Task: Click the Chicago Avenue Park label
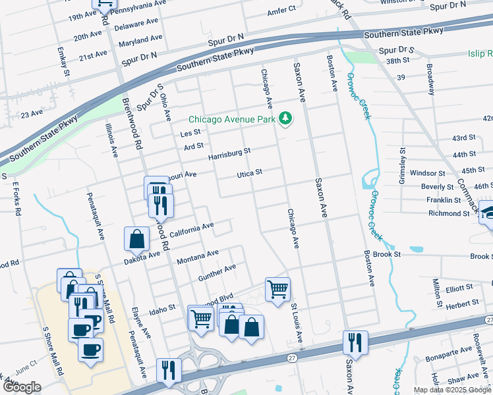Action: tap(231, 119)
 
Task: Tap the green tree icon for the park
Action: tap(285, 118)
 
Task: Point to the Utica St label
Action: tap(250, 173)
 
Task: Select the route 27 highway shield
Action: tap(291, 357)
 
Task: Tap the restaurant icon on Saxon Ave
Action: tap(355, 342)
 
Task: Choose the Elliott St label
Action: tap(459, 288)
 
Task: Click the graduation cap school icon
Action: tap(486, 212)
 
